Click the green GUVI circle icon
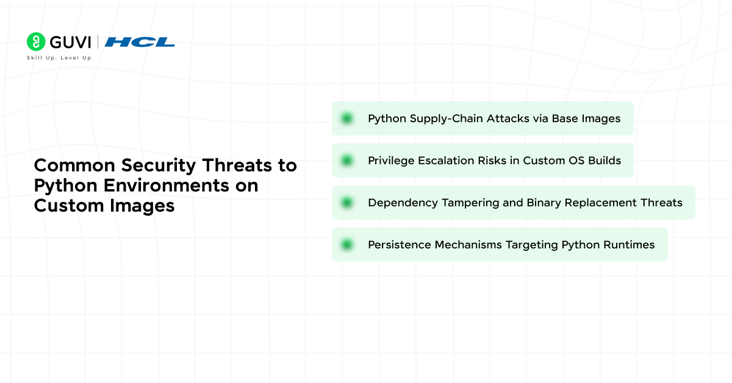tap(36, 41)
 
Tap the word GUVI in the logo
tap(70, 42)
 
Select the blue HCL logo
tap(140, 42)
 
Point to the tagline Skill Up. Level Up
tap(59, 58)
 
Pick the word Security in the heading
tap(156, 165)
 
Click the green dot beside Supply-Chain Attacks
tap(347, 118)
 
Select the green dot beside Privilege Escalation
tap(347, 160)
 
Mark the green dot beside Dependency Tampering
tap(347, 202)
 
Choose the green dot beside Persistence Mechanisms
tap(347, 245)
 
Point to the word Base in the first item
tap(565, 118)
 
